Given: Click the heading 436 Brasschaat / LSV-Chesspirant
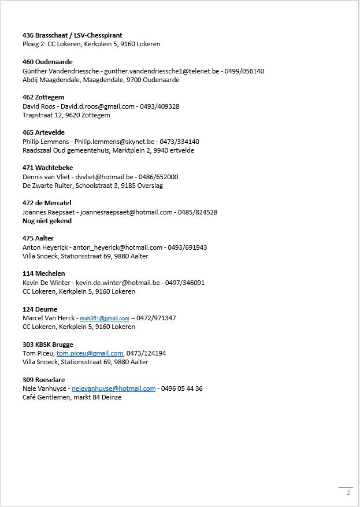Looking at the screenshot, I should pos(72,35).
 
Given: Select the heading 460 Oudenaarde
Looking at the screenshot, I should pos(47,62).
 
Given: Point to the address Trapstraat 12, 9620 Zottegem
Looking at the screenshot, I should pos(66,115).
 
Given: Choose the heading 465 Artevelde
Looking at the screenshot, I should pos(43,132).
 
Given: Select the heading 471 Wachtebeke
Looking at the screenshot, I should pos(47,168).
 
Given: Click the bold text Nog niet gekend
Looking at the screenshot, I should pos(47,221).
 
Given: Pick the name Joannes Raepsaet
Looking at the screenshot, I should pos(49,212).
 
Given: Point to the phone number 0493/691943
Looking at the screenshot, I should pos(187,247).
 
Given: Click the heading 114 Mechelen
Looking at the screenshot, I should pos(43,273).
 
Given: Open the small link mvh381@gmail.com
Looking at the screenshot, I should pos(105,319).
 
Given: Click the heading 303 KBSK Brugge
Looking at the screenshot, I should pos(47,345).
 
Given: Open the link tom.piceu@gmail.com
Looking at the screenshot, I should pos(90,353).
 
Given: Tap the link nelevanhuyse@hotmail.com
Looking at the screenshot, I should pos(114,388).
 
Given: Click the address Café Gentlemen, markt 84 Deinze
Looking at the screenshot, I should pos(72,397).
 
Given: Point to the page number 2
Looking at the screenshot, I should pos(348,493).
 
